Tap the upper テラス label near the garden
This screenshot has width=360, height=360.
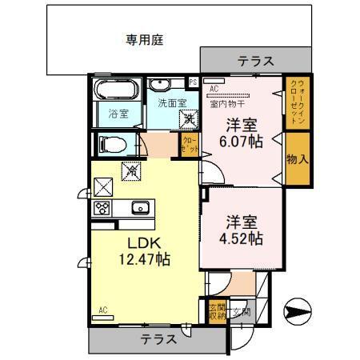tap(256, 60)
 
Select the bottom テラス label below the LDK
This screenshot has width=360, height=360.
tap(158, 339)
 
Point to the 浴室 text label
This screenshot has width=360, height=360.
tap(118, 114)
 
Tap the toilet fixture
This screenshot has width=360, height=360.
tap(110, 145)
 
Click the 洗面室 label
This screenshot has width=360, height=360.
tap(171, 102)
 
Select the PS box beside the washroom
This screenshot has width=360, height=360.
tap(193, 81)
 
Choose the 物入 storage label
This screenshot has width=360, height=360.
tap(297, 158)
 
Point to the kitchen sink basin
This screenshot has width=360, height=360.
tap(140, 208)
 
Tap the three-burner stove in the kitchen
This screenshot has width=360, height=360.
tap(102, 208)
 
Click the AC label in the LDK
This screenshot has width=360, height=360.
tap(102, 310)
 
